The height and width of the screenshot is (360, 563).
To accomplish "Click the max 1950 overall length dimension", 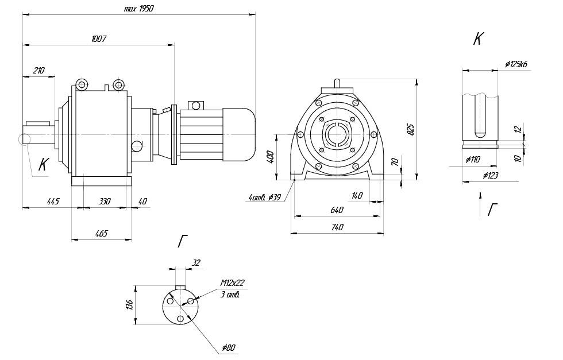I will (138, 9).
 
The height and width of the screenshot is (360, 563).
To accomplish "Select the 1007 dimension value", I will (99, 38).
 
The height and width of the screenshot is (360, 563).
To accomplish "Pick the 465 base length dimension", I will (101, 234).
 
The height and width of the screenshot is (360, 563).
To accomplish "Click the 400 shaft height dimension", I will (271, 157).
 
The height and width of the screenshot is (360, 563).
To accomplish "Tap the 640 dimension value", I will (337, 210).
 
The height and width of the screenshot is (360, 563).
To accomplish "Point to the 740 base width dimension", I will (337, 227).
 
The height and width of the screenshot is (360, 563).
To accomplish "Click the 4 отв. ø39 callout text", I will (264, 198).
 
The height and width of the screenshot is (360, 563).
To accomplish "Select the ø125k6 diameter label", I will (516, 64).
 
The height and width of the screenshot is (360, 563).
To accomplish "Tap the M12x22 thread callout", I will (232, 283).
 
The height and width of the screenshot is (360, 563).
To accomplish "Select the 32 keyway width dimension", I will (196, 263).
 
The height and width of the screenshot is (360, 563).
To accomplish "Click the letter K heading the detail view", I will (478, 39).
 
